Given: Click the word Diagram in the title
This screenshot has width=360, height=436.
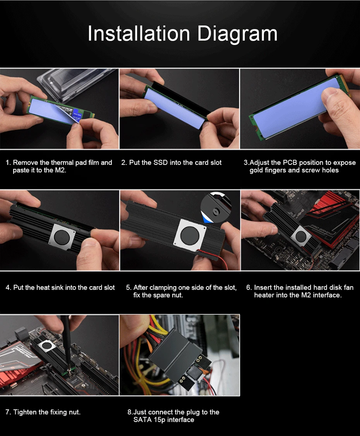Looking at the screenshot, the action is click(237, 34).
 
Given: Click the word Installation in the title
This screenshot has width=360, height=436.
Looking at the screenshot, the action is click(139, 34).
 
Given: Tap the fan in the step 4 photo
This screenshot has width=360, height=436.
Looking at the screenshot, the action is click(62, 237).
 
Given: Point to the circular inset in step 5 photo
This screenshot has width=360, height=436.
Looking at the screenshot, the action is click(216, 207).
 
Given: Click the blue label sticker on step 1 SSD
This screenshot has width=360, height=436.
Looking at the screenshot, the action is click(76, 114).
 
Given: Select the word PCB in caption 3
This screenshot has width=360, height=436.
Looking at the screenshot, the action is click(290, 162).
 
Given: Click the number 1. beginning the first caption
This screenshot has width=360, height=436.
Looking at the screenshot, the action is click(9, 163).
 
